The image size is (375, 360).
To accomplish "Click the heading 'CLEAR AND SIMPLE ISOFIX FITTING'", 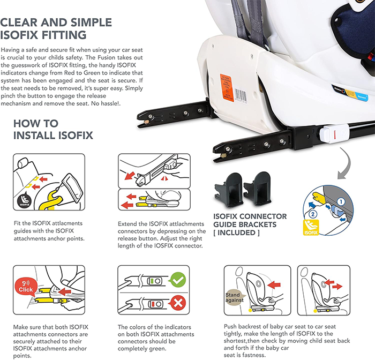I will click(x=56, y=29).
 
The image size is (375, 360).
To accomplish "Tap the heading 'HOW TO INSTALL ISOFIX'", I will click(x=53, y=130).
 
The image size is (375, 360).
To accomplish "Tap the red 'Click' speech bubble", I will click(x=26, y=287).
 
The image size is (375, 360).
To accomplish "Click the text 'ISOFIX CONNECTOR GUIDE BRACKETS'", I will click(x=250, y=221).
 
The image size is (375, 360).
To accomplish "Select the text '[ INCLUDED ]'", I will click(x=237, y=233).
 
